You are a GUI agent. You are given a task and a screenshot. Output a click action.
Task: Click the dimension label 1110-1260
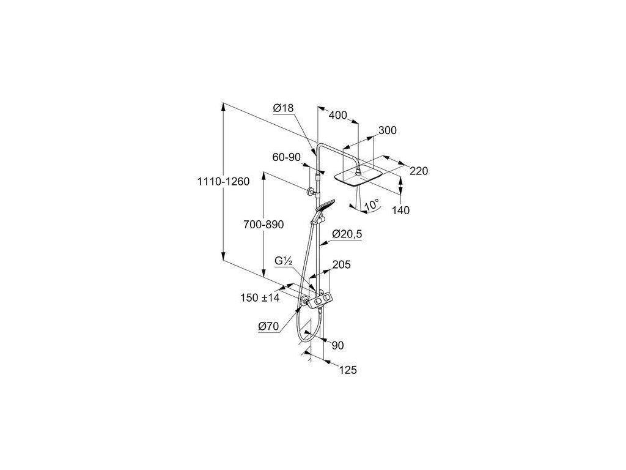click(224, 181)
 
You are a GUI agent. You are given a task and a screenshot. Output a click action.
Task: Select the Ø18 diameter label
click(284, 108)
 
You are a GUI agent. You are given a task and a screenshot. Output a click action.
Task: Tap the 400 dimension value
click(338, 116)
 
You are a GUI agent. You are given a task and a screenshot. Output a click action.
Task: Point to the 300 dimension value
click(387, 130)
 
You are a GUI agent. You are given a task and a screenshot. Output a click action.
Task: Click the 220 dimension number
click(418, 171)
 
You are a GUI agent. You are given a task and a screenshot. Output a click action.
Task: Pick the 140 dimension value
click(401, 210)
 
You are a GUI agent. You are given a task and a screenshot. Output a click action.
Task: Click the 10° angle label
click(372, 204)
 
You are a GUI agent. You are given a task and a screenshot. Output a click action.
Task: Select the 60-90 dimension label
click(287, 157)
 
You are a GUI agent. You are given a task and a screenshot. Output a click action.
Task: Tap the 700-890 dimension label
click(263, 225)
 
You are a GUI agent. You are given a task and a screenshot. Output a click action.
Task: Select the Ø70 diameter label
click(268, 327)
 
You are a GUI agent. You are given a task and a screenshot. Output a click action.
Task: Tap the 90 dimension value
click(337, 345)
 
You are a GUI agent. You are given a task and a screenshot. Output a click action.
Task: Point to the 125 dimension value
click(347, 370)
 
